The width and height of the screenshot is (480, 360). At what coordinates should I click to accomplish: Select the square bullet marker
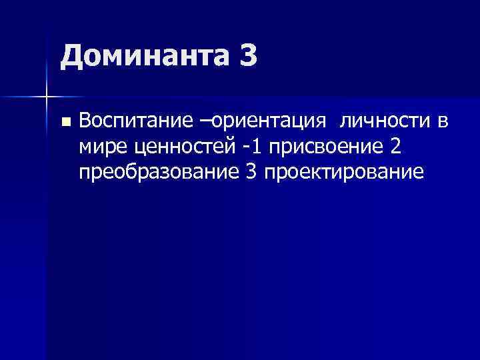(x=65, y=122)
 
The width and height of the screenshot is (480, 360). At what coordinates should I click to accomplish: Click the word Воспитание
(x=135, y=121)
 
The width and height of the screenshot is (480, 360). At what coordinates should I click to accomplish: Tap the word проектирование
(x=344, y=172)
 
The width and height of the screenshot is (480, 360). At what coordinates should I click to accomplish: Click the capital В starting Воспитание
(x=84, y=121)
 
